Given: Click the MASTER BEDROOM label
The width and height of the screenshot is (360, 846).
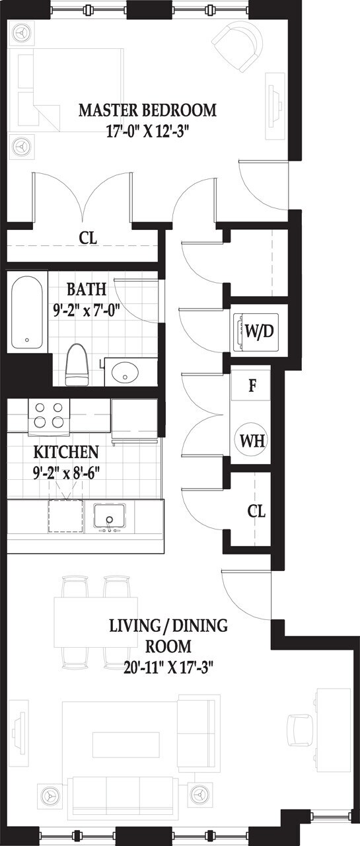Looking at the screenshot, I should click(147, 110).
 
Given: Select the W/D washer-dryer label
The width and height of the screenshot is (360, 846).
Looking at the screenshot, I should click(259, 330).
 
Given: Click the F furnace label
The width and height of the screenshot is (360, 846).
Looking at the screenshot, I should click(252, 386).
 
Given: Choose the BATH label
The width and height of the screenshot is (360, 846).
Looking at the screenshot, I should click(83, 290).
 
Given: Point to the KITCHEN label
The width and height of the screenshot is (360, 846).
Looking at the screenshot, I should click(66, 453).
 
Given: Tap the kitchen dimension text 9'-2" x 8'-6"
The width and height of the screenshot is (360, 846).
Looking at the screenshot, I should click(66, 473).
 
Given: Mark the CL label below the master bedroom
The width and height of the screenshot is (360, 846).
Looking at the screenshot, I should click(88, 238).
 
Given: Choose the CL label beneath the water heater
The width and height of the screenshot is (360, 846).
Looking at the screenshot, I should click(256, 511).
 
